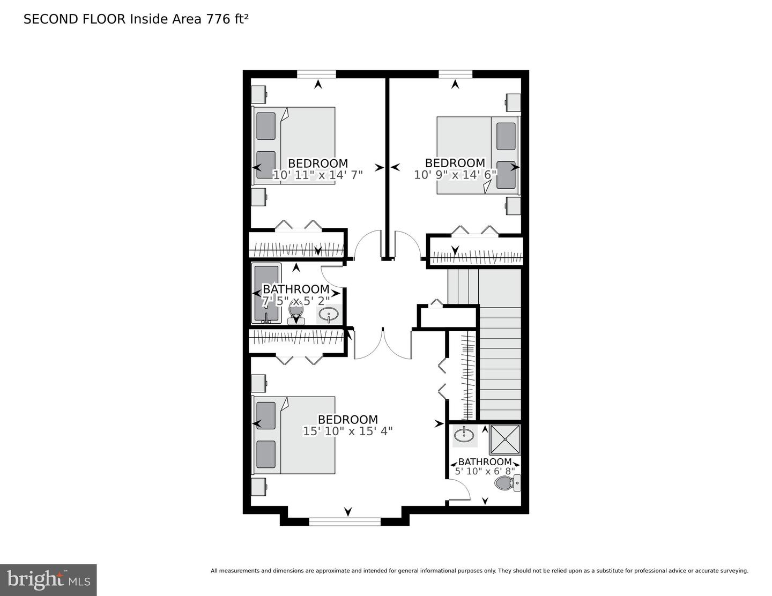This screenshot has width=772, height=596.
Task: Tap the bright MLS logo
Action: click(48, 579)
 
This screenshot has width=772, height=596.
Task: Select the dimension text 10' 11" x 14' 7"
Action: click(318, 175)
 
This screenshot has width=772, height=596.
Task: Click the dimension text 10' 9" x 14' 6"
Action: click(455, 174)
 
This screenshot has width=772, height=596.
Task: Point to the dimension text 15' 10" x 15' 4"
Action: click(348, 431)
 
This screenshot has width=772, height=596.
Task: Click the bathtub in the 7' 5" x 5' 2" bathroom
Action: click(266, 294)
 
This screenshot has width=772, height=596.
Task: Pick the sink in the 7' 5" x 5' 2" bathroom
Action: click(328, 315)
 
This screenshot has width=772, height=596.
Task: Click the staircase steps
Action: click(500, 364)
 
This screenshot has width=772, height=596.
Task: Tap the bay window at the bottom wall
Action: click(345, 520)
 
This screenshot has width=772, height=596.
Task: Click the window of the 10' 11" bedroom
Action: click(316, 74)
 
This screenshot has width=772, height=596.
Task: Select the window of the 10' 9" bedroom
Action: click(455, 74)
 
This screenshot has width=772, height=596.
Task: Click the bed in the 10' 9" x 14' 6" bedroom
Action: click(477, 155)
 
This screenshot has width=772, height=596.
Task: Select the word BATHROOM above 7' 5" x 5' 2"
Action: click(296, 289)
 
